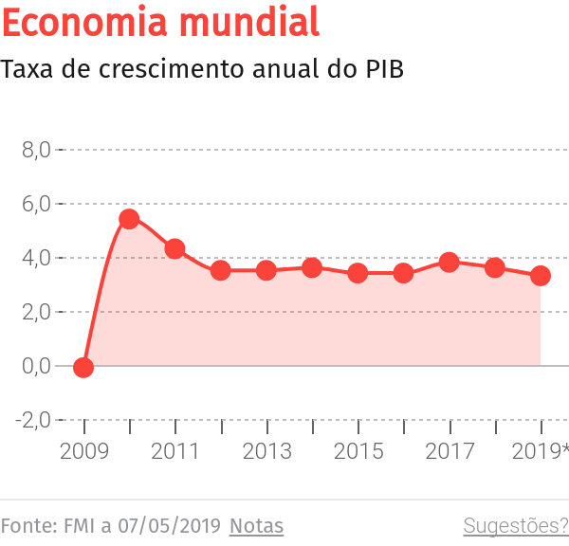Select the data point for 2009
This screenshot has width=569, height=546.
83,368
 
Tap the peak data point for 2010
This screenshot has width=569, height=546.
129,219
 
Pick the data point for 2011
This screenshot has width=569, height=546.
174,249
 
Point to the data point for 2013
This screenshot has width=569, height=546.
266,270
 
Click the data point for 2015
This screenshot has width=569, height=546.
358,273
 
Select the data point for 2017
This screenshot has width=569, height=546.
450,263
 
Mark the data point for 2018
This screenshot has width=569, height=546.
495,268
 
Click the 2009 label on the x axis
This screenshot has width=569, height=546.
83,450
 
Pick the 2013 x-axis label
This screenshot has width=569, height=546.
266,450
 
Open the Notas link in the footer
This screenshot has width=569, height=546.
256,525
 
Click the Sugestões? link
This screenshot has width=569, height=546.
515,525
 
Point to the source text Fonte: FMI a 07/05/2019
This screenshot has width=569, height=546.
111,525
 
